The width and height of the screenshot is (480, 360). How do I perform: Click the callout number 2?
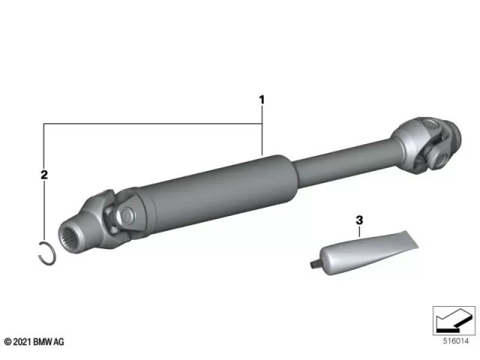[44, 175]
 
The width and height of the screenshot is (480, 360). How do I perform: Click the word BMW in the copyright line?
[44, 342]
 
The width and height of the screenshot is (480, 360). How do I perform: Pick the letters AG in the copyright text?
[60, 342]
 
